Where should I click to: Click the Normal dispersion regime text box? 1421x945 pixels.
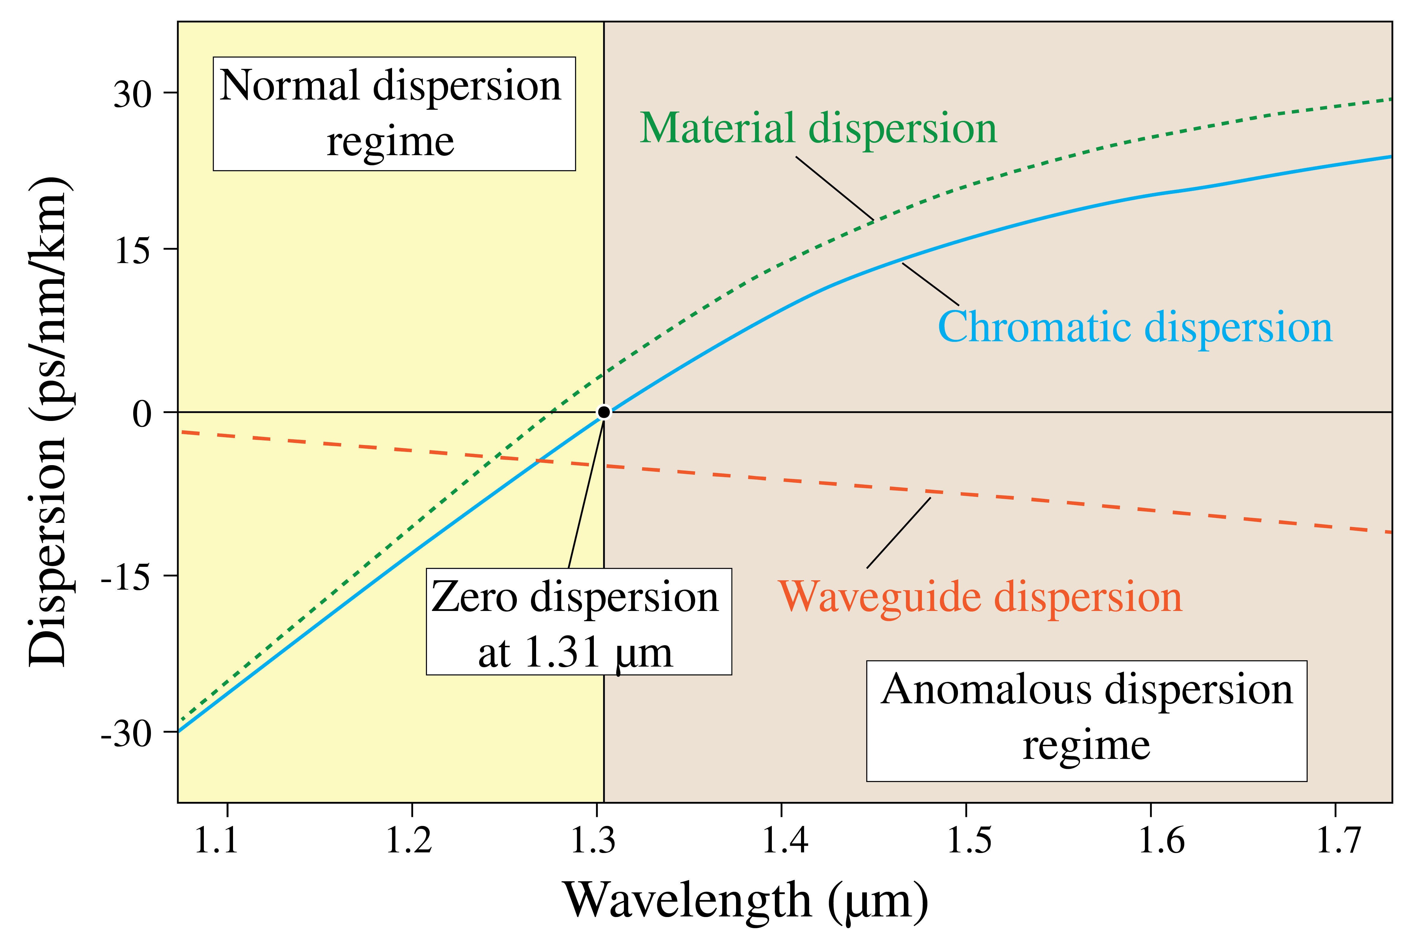pyautogui.click(x=394, y=114)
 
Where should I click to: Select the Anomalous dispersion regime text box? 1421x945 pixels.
pyautogui.click(x=1087, y=721)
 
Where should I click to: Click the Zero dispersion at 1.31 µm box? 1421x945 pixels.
pyautogui.click(x=579, y=621)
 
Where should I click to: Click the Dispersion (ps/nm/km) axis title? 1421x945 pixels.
pyautogui.click(x=48, y=422)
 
